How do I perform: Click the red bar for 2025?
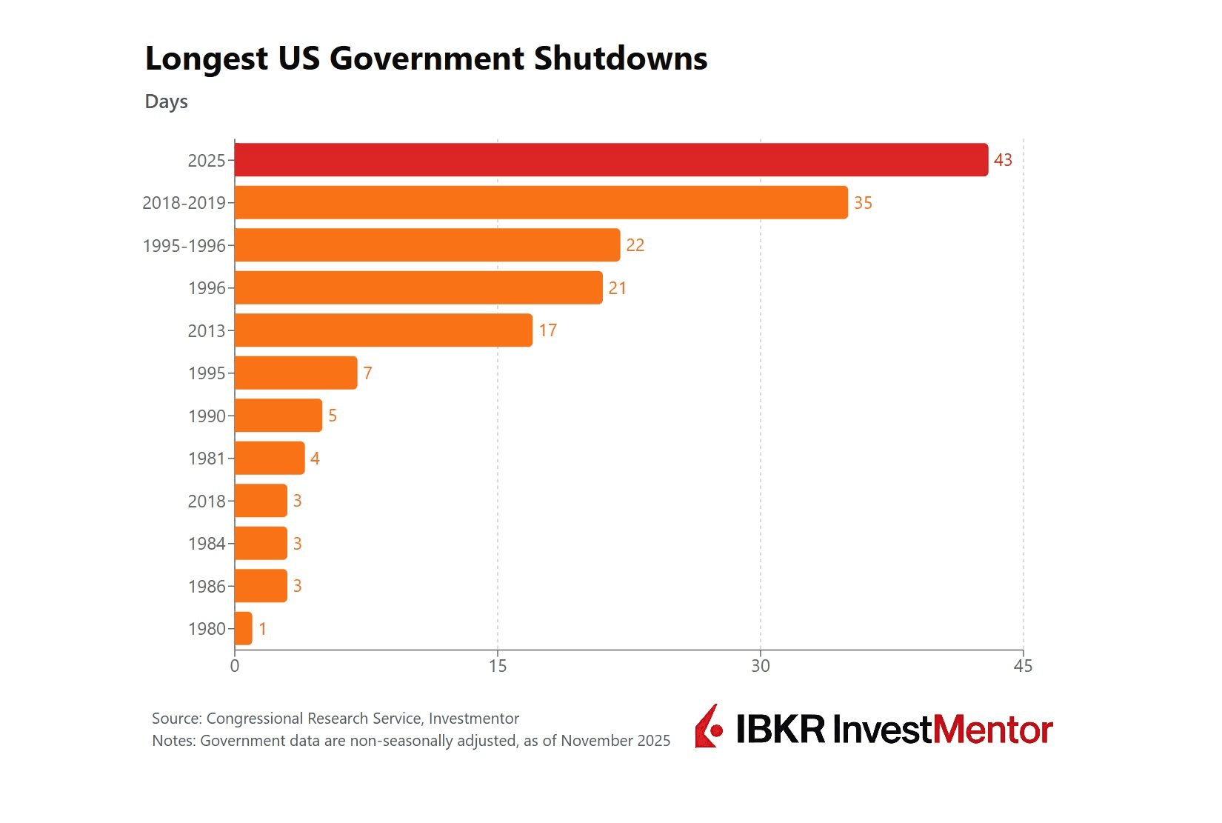[611, 160]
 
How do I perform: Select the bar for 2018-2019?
[541, 202]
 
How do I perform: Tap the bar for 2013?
[383, 330]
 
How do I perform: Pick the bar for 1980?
[244, 629]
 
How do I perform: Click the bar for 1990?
[278, 416]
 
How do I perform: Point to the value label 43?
[1003, 160]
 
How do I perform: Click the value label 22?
[635, 245]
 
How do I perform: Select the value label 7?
[367, 373]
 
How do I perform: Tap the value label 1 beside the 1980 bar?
[262, 629]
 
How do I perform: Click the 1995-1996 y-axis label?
[184, 246]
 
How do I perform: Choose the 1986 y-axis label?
[207, 587]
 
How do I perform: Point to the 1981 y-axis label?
[207, 459]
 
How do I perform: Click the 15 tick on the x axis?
[498, 666]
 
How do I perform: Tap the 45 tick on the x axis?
[1023, 666]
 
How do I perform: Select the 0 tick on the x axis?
[235, 666]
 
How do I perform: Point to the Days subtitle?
[166, 101]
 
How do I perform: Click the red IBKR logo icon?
[708, 727]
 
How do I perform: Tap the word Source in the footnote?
[176, 719]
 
